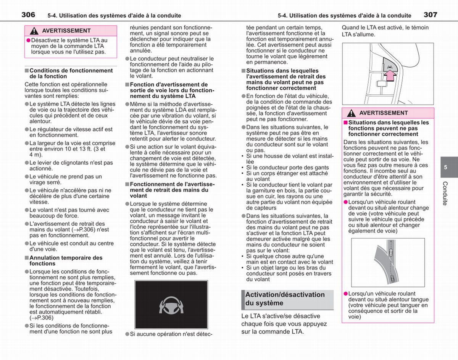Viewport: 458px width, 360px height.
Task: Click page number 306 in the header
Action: (28, 15)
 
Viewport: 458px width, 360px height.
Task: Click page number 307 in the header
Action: (431, 15)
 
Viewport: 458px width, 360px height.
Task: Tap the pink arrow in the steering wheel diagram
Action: (390, 76)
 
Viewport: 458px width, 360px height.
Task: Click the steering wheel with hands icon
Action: (171, 305)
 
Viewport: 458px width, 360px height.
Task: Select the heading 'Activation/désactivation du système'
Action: (285, 299)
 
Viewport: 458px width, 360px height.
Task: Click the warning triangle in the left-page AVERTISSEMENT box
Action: (34, 31)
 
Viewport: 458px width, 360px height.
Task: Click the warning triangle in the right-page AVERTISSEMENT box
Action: (351, 113)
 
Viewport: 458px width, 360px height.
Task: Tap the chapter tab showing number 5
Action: (449, 167)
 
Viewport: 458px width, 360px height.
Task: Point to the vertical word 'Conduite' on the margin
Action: (445, 193)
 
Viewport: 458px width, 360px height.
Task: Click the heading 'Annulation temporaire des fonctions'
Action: (66, 260)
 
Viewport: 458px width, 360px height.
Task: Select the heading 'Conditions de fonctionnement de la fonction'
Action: (71, 73)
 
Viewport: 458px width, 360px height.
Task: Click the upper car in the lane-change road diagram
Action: (391, 252)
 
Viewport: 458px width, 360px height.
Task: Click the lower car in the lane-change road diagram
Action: (392, 279)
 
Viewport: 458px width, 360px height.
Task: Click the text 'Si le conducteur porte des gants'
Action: (287, 168)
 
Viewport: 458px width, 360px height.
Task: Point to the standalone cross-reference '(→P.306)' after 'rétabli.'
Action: (41, 318)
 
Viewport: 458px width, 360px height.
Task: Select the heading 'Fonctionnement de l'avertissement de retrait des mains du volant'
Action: (172, 190)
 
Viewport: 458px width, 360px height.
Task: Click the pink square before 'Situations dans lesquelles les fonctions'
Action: (345, 123)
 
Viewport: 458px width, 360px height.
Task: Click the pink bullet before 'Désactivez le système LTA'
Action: (29, 40)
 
